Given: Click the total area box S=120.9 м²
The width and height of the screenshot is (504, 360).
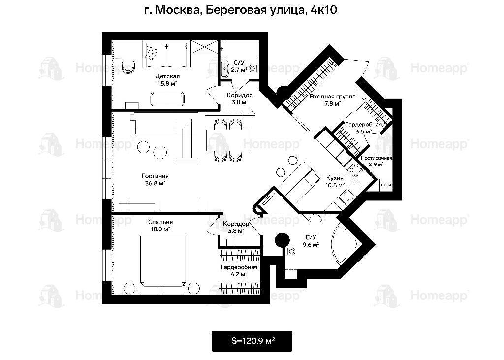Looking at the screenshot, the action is click(x=252, y=341).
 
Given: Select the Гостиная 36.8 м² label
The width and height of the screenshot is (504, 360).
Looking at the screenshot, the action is click(x=155, y=180).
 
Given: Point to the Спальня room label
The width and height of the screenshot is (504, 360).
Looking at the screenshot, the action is click(x=160, y=226).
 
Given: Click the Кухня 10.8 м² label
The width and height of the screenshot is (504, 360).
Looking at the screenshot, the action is click(x=335, y=181).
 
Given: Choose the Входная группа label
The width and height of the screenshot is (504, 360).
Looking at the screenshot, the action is click(x=332, y=100).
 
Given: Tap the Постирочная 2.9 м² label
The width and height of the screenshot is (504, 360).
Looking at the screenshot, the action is click(x=376, y=161).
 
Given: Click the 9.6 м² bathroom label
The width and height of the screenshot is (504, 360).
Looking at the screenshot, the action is click(x=311, y=241).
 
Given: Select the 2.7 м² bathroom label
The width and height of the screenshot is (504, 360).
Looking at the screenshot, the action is click(x=238, y=66).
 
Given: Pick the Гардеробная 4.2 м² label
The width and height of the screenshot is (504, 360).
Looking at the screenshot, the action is click(x=239, y=270).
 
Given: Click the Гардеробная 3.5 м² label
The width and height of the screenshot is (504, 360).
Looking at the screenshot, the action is click(x=364, y=128).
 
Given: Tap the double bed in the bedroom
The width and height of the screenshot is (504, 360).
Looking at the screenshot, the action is click(x=163, y=265).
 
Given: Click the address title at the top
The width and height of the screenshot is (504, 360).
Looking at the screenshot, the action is click(x=240, y=10).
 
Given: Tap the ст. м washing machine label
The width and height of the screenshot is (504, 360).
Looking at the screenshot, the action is click(x=386, y=185).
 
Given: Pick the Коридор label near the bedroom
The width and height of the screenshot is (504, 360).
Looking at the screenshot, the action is click(x=236, y=227).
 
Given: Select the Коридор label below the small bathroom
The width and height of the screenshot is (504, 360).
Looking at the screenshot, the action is click(x=240, y=98).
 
